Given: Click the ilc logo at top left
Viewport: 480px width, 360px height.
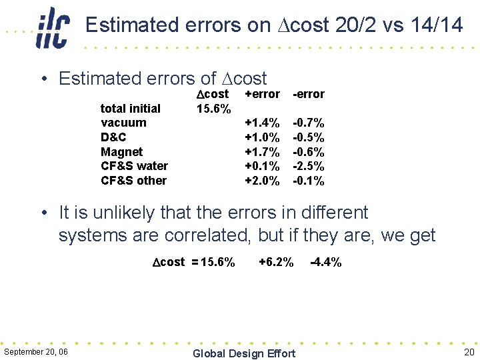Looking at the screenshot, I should click(52, 27).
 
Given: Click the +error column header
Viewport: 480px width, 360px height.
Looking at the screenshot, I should click(263, 94).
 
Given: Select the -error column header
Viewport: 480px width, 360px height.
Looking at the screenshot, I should click(309, 94).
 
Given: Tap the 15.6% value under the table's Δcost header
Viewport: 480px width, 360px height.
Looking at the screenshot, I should click(214, 108).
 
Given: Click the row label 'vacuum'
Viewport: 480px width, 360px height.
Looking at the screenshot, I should click(123, 123).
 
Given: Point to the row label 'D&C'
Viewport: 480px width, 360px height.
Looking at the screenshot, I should click(113, 137).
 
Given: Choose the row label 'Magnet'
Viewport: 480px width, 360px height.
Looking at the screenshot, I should click(121, 152).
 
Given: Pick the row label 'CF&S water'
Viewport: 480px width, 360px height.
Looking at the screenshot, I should click(134, 166).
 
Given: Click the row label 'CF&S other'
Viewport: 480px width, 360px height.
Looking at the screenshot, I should click(133, 181).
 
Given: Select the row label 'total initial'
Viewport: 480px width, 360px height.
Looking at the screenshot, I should click(130, 108).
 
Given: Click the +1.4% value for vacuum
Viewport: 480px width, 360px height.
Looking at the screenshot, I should click(263, 123).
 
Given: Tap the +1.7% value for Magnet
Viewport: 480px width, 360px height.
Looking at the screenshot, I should click(263, 152).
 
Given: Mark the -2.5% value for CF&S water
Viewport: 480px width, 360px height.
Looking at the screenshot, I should click(309, 166).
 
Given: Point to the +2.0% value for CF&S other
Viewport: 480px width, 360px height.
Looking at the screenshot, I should click(263, 181).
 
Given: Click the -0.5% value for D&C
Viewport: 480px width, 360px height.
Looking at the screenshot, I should click(309, 137).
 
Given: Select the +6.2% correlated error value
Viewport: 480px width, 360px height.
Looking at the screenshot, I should click(275, 262).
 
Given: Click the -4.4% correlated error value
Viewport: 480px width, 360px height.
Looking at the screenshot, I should click(326, 262).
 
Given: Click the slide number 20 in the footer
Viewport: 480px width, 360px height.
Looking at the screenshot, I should click(468, 352).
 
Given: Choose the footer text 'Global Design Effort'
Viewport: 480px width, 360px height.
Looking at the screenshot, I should click(243, 353).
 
